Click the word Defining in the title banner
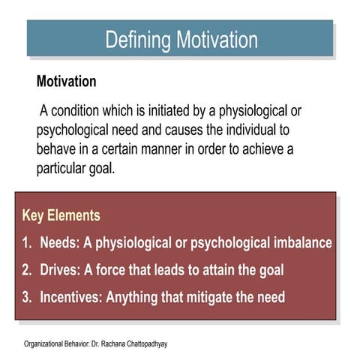coord(137,40)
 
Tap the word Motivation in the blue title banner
coord(216,40)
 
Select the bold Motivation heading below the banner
coord(67,81)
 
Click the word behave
coord(57,148)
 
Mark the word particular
coord(64,166)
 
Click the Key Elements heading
coord(61,216)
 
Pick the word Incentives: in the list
coord(71,297)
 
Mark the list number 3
coord(26,297)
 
